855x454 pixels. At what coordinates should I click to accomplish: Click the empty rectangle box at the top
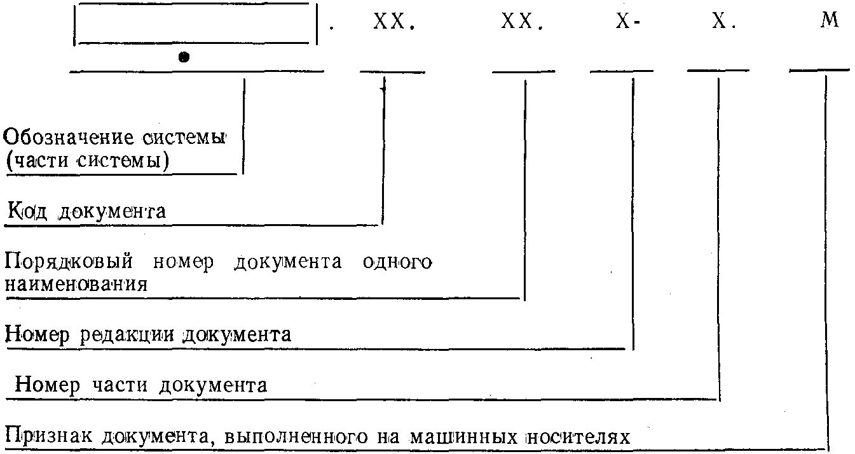pos(196,24)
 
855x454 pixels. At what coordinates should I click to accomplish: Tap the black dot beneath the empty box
pos(184,57)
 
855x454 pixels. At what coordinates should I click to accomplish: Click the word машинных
pos(451,437)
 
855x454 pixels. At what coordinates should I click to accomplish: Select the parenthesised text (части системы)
pos(87,161)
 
